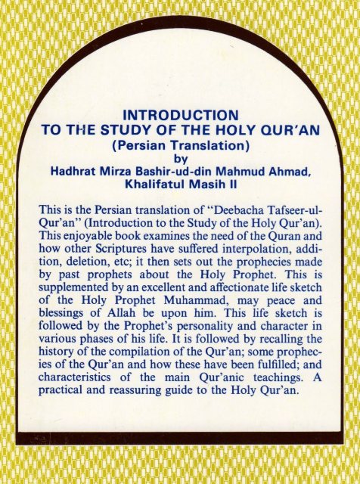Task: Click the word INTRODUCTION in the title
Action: [180, 115]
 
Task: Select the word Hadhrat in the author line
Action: [76, 171]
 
